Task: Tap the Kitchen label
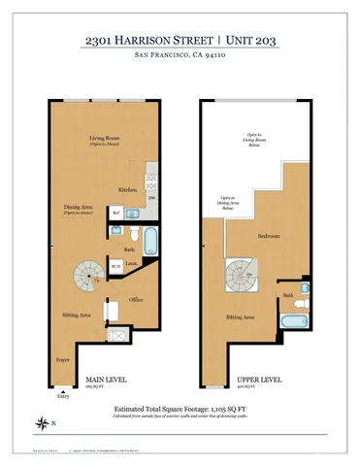coord(128,189)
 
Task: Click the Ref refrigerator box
coord(115,213)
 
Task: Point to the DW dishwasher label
coord(150,197)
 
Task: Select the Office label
coord(137,300)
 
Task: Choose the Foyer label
coord(63,358)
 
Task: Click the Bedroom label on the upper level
coord(269,237)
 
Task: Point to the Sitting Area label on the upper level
coord(240,316)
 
